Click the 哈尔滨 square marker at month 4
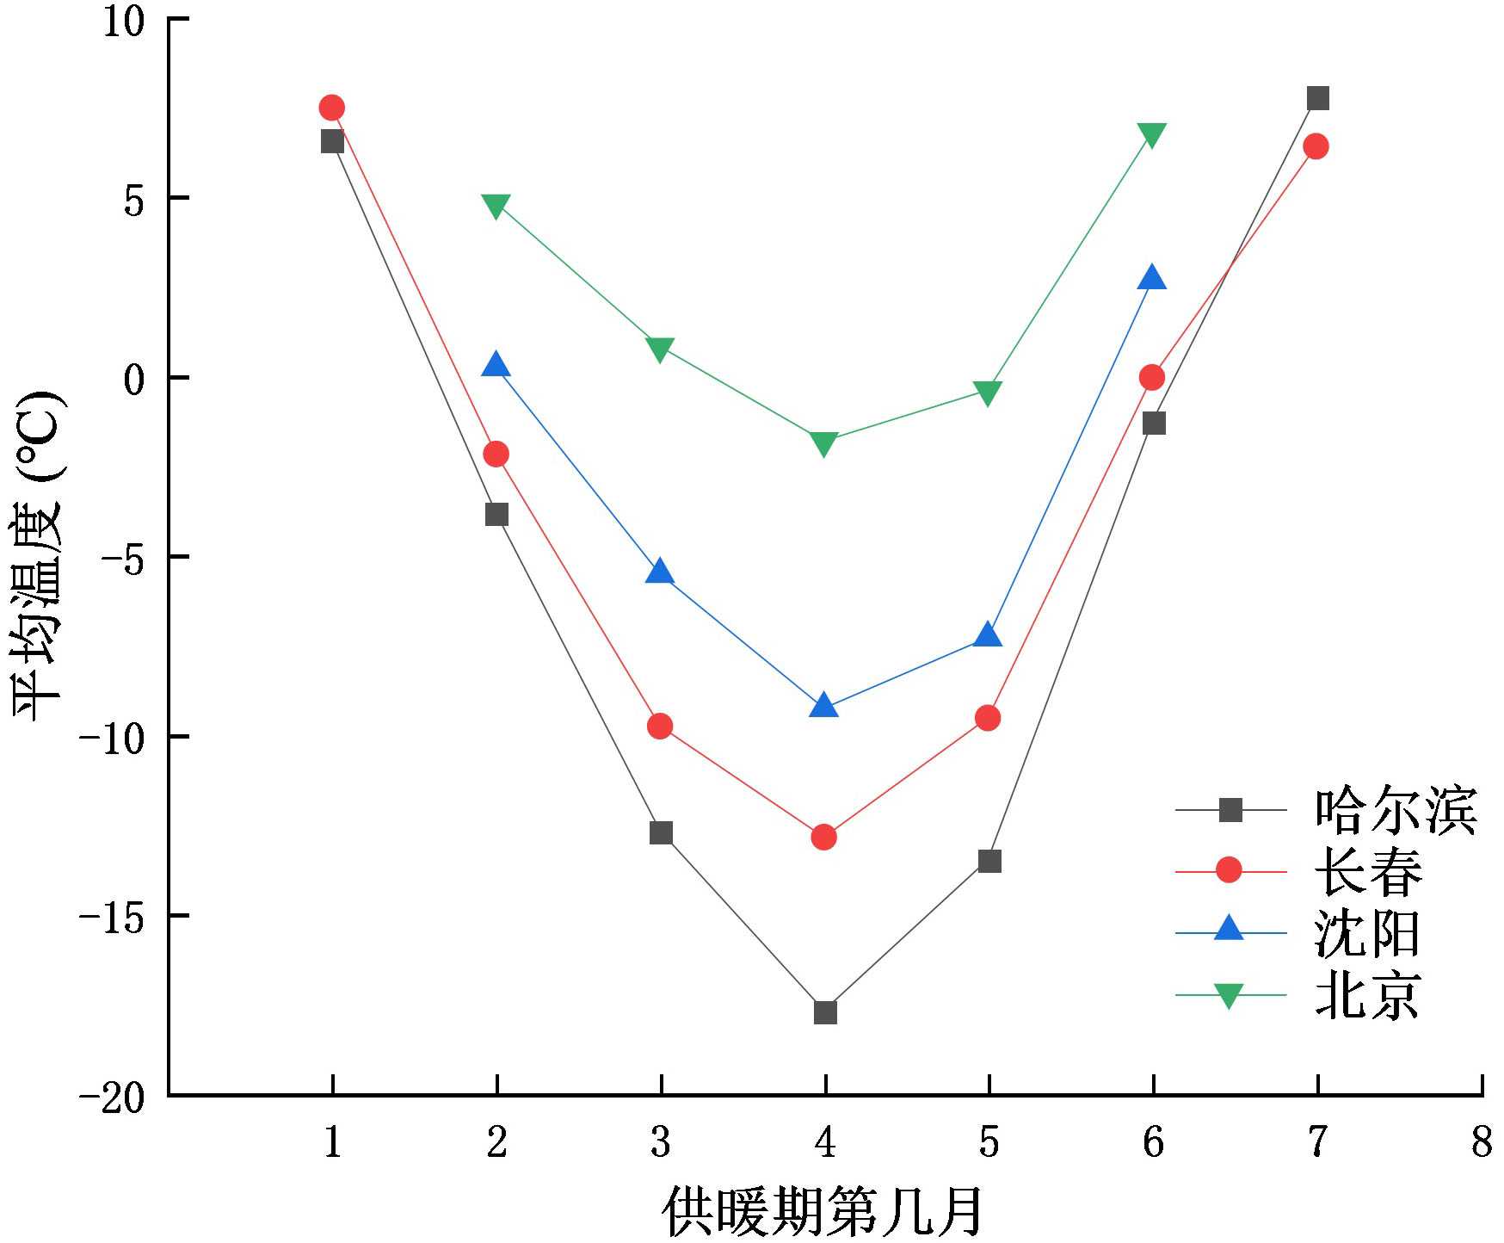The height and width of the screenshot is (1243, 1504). pos(825,1012)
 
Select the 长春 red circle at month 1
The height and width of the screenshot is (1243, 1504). pos(332,108)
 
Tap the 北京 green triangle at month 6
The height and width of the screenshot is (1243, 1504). pos(1152,135)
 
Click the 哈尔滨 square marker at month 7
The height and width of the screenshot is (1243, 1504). pos(1317,98)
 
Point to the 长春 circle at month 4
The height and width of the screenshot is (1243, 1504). pos(824,837)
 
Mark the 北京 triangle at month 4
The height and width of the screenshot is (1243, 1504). pos(824,444)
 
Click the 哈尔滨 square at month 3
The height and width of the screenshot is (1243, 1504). pos(661,832)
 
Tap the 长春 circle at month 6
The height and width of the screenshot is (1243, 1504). pos(1152,377)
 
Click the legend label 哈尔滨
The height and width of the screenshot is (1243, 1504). pos(1396,810)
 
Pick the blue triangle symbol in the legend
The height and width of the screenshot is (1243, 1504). pos(1230,930)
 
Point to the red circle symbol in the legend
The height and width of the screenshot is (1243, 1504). pos(1230,870)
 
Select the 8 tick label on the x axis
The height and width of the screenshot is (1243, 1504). pos(1482,1143)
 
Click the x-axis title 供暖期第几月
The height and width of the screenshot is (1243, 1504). pos(823,1213)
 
